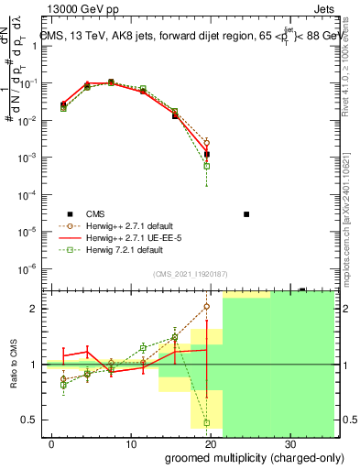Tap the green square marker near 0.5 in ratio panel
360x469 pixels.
(207, 422)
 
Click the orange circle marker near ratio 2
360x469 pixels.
(207, 306)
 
